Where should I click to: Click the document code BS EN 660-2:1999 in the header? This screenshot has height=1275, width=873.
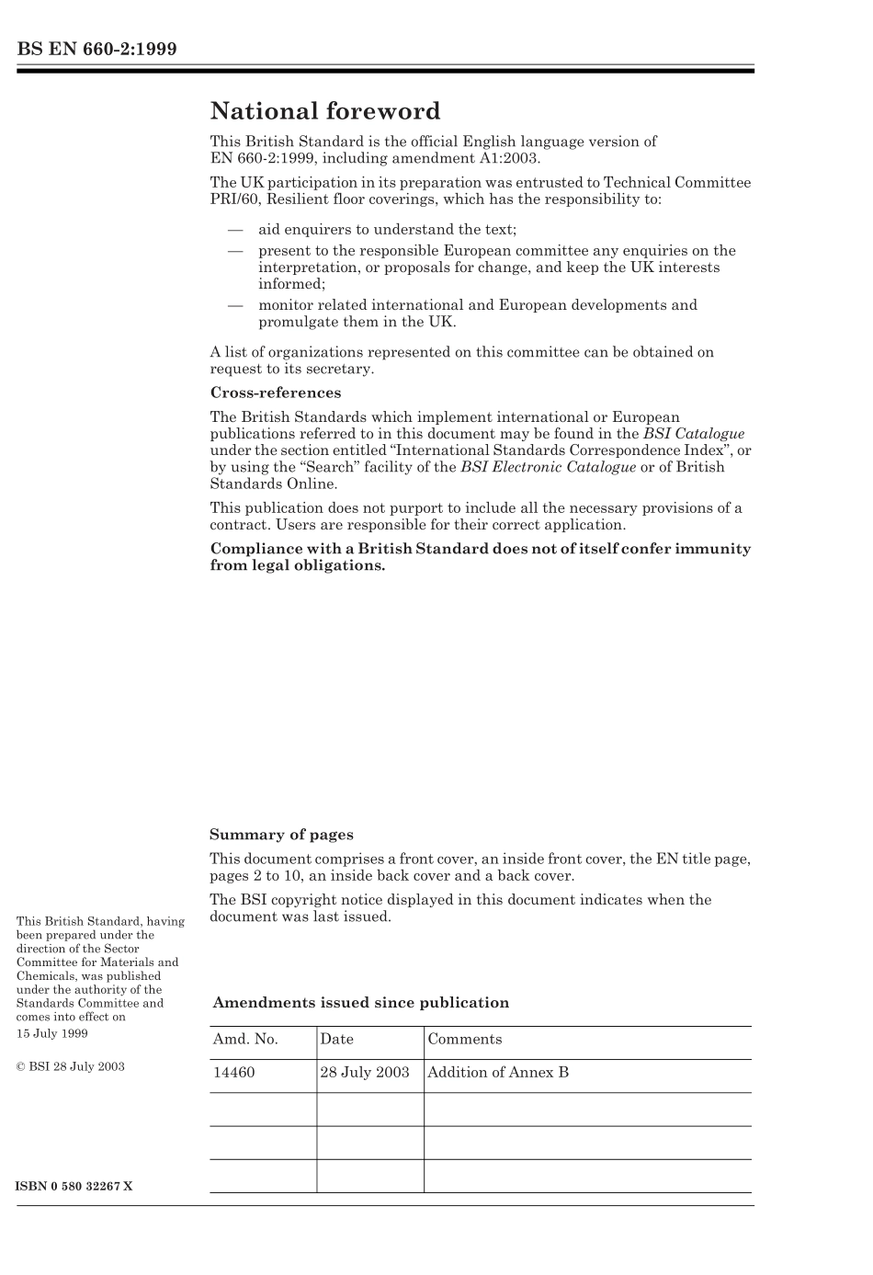pos(96,49)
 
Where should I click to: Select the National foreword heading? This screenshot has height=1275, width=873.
pos(325,111)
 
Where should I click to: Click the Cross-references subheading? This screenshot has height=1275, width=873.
pos(276,393)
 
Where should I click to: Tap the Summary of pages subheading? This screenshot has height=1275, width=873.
pos(281,835)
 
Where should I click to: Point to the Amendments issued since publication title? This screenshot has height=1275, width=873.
pos(360,1003)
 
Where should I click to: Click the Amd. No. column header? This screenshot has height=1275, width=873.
pos(245,1040)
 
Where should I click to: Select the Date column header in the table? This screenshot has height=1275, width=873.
pos(336,1040)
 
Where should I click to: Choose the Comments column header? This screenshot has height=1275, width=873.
pos(464,1040)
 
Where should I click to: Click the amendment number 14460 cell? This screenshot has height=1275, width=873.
pos(234,1073)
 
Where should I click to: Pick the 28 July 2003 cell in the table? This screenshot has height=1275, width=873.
pos(365,1073)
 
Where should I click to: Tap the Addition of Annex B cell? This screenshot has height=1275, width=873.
pos(498,1073)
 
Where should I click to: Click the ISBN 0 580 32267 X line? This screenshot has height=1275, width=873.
pos(74,1186)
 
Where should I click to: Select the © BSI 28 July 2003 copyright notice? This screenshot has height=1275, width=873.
pos(71,1066)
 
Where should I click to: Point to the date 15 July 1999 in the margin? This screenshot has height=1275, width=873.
pos(52,1033)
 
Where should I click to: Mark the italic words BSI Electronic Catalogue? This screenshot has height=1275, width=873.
pos(548,467)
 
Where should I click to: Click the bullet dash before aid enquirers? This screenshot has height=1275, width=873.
pos(235,230)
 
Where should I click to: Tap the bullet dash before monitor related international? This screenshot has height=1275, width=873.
pos(235,305)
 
